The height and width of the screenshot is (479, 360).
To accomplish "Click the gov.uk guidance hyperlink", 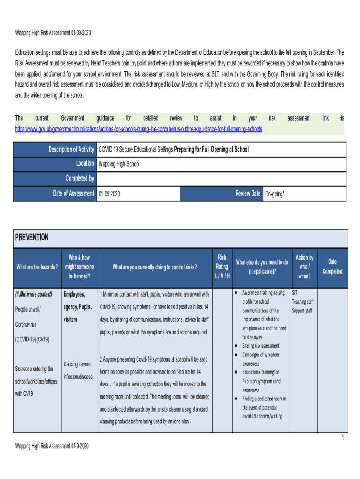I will pyautogui.click(x=139, y=129).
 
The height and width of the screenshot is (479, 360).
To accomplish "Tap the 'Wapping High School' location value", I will pyautogui.click(x=119, y=164).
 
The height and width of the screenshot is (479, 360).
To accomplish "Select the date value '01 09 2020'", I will pyautogui.click(x=109, y=194).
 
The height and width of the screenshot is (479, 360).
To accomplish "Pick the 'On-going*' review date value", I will pyautogui.click(x=274, y=194).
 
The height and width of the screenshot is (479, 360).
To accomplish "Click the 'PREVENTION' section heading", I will pyautogui.click(x=32, y=238).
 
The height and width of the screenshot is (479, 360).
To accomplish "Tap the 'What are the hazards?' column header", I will pyautogui.click(x=37, y=267).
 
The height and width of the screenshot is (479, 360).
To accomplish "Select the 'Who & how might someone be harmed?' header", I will pyautogui.click(x=79, y=267).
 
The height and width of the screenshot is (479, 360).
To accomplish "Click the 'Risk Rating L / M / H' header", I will pyautogui.click(x=222, y=267).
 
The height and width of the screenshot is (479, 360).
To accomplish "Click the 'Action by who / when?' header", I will pyautogui.click(x=304, y=267).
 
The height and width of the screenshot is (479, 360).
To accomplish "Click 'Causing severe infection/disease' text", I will pyautogui.click(x=78, y=370).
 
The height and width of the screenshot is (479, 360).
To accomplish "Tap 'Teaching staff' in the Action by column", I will pyautogui.click(x=302, y=302).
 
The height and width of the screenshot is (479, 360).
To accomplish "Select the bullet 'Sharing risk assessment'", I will pyautogui.click(x=260, y=346).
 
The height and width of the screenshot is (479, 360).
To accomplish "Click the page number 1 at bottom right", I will pyautogui.click(x=342, y=438).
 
